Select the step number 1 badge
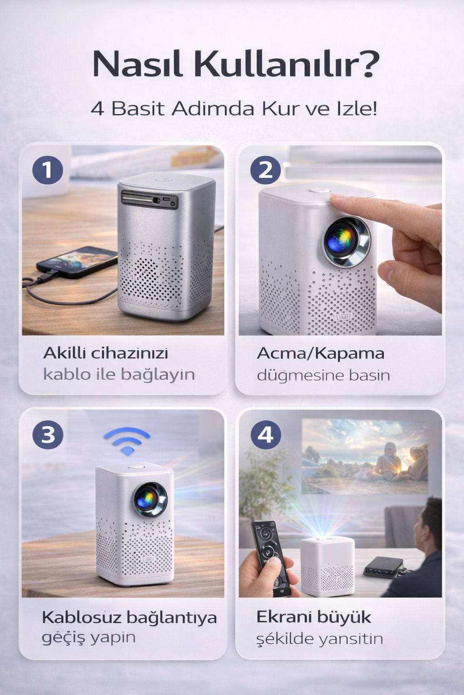pos(48,170)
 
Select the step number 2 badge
pos(265,170)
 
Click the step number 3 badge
pos(48,435)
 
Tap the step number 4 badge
pos(265,435)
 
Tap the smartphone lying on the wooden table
pos(77,261)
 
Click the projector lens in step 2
pos(347,242)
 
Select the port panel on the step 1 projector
pos(150,199)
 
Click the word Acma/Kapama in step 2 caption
pos(320,353)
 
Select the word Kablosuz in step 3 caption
pos(82,617)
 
